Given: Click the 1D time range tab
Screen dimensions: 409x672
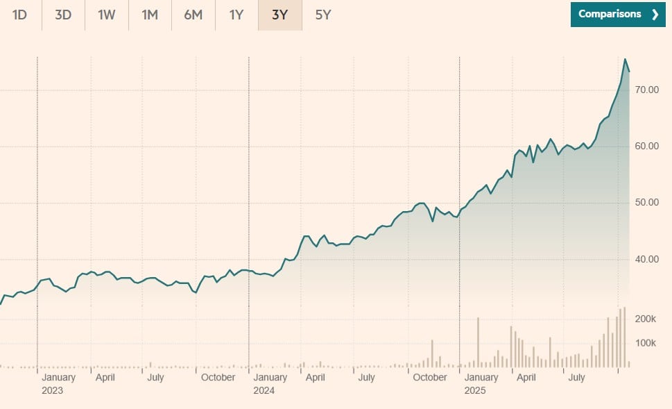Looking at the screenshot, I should (19, 15).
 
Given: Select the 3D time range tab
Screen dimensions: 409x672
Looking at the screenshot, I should (63, 15).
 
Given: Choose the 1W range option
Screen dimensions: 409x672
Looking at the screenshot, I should (106, 15).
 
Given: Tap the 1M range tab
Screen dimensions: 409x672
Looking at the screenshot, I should (150, 15).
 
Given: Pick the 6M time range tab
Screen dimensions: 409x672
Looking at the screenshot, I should (193, 15).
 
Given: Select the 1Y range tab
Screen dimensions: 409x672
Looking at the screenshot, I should (236, 15).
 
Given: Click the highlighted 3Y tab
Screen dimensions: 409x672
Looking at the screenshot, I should (279, 15).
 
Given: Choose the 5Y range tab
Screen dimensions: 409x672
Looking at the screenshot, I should (323, 15).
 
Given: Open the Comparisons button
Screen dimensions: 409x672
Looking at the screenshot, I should (618, 14).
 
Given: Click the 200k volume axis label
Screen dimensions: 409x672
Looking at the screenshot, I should (646, 319).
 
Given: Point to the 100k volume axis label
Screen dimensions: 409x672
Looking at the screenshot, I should (646, 343).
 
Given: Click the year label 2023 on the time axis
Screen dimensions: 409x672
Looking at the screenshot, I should (52, 390).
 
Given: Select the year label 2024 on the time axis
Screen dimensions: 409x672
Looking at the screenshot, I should (264, 390).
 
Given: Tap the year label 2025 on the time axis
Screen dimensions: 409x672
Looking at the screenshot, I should (475, 390).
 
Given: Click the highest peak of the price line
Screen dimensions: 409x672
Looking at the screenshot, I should (625, 60).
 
